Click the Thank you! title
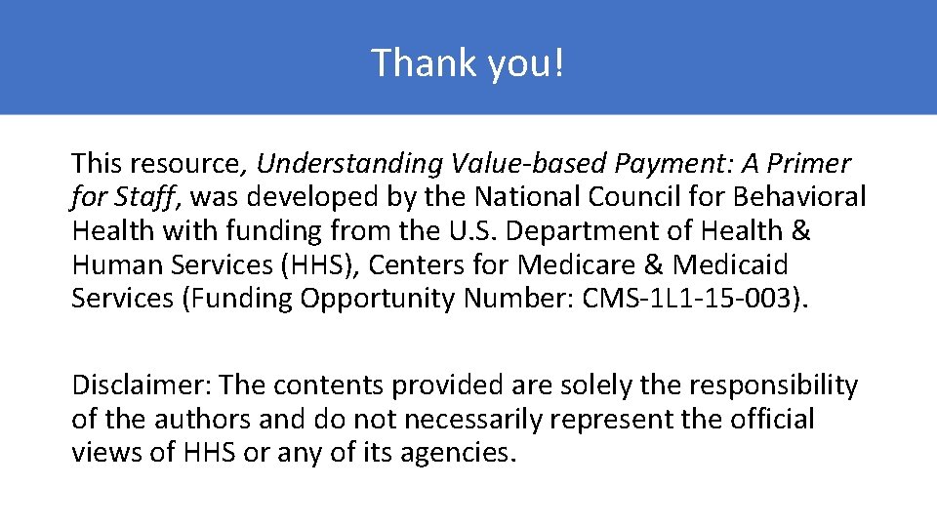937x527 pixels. point(468,63)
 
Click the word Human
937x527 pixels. point(116,265)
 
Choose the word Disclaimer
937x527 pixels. point(141,386)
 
